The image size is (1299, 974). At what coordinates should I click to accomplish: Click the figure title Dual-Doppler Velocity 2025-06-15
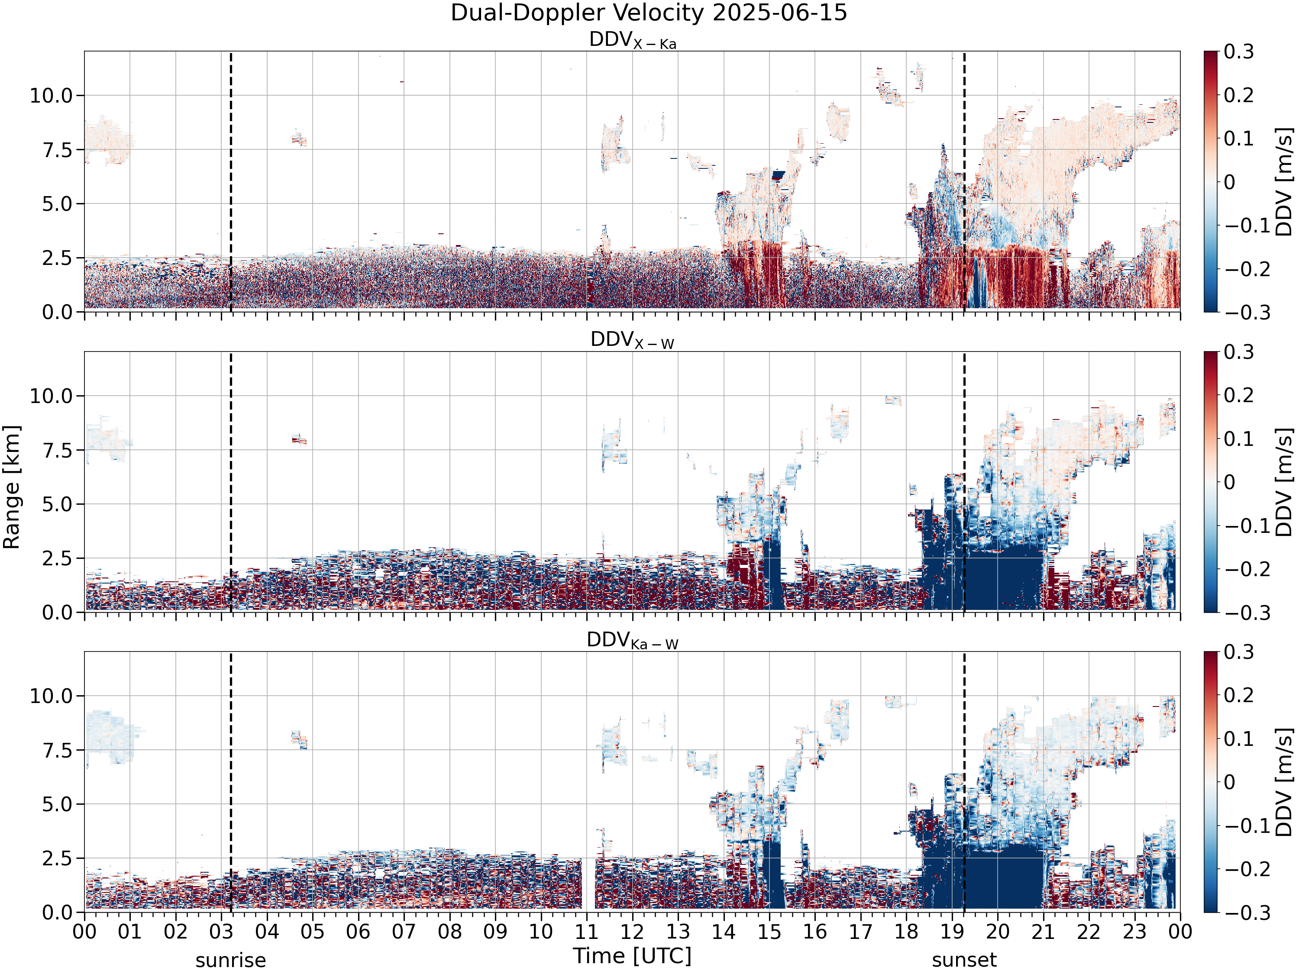tap(649, 13)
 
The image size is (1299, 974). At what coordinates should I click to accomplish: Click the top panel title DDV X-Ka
tap(633, 41)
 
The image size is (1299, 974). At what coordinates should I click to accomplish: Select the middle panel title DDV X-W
tap(633, 341)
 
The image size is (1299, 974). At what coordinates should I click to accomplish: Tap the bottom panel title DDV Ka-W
tap(633, 641)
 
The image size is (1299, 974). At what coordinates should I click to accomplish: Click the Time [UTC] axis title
tap(633, 956)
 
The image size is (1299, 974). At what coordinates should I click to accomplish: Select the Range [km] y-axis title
tap(12, 487)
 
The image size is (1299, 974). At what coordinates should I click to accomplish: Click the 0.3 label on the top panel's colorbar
tap(1239, 52)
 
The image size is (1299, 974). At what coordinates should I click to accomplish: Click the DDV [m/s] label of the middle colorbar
tap(1284, 482)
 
